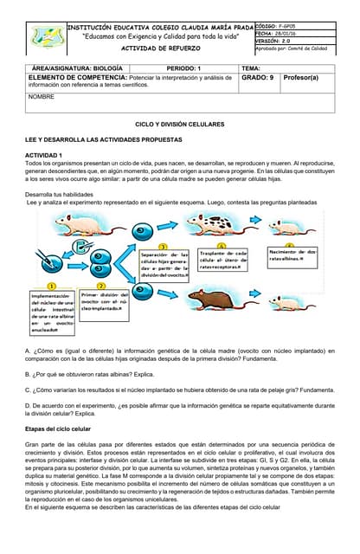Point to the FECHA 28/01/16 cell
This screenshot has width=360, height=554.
[x=284, y=34]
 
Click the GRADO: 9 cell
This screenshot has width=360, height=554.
[x=258, y=78]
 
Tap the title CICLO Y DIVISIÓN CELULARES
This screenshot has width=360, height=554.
[x=180, y=125]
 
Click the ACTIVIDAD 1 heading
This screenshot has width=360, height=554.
[x=44, y=154]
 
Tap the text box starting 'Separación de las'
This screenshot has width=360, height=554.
[x=164, y=263]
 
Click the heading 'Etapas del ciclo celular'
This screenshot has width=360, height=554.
[x=59, y=428]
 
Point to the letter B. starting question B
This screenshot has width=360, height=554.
[x=29, y=374]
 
